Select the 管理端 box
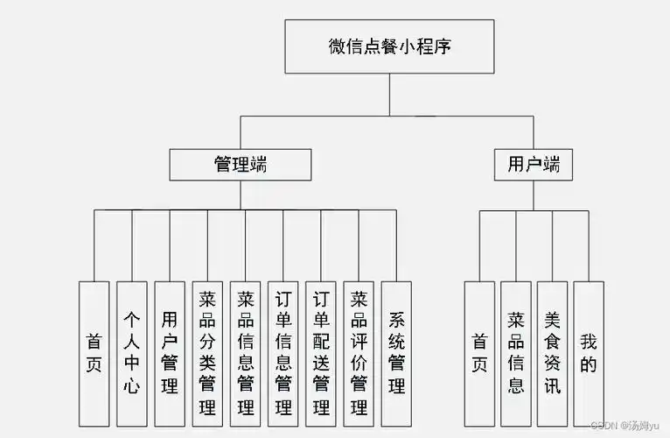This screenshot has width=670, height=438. point(240,164)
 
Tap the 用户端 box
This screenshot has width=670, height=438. point(534,164)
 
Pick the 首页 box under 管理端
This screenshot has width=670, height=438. point(94,352)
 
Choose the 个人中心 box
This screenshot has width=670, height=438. point(131,352)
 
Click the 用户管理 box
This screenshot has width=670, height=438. point(170,352)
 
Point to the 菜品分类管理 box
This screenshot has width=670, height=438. point(207,352)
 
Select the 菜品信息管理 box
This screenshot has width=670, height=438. point(246,352)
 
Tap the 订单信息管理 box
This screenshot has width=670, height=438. point(283,352)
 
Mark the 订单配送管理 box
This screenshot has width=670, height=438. point(321,352)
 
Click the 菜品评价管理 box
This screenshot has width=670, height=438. point(359,352)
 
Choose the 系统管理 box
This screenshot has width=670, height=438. point(396,352)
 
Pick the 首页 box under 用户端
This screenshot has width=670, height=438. point(479,352)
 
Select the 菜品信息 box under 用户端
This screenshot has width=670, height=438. point(516,352)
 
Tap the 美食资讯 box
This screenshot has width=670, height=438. point(552,352)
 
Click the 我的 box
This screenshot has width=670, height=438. point(589,352)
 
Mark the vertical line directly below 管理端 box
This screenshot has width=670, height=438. point(240,194)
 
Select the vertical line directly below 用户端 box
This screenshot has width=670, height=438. point(534,194)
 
